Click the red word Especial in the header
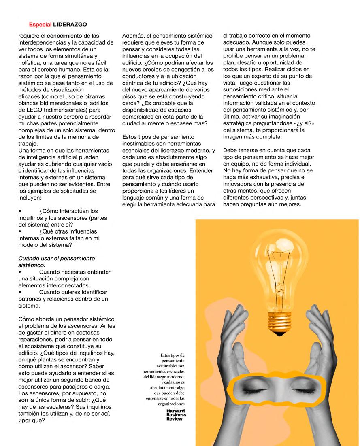pos(40,24)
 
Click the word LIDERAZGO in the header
pos(70,24)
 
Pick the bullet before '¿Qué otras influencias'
pos(20,231)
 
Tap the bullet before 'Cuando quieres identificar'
pos(20,292)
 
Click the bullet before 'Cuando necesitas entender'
pos(20,272)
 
